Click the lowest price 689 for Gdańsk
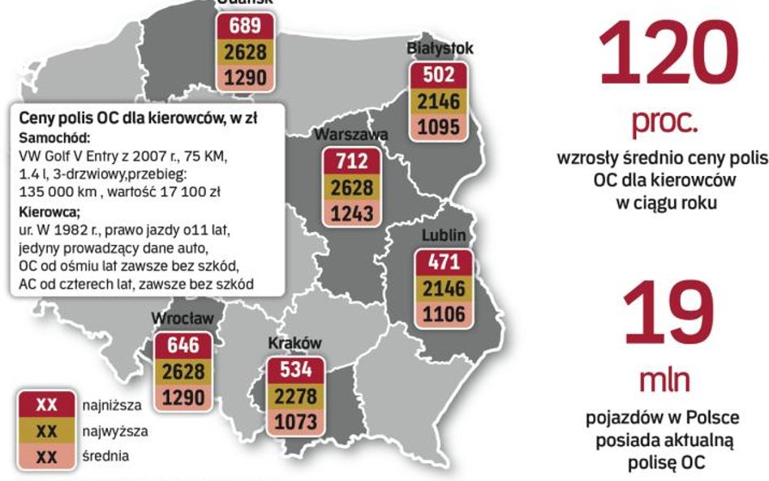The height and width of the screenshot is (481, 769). pos(245,27)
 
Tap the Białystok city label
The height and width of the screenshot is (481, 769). pos(440,49)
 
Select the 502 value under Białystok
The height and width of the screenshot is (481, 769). pos(438,76)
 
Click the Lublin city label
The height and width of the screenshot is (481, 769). pos(443,235)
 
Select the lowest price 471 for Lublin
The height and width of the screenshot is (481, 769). pos(444,263)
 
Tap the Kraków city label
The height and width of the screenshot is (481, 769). pos(295,343)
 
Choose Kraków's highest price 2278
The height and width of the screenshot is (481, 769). pos(295,397)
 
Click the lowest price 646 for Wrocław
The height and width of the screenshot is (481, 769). pos(183,346)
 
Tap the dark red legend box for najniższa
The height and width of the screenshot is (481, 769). pos(47,404)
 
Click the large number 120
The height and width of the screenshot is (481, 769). pos(668,53)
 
